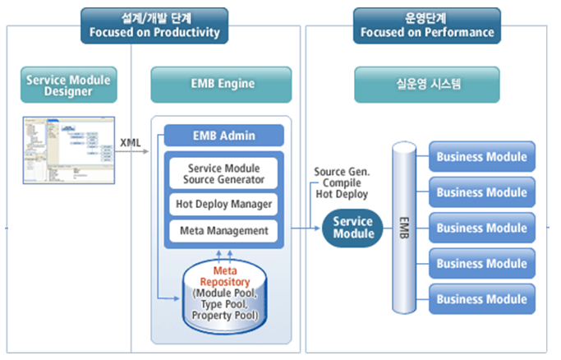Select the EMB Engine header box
222,84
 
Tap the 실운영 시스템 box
426,84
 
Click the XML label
131,142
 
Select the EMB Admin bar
223,135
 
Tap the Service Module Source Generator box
223,172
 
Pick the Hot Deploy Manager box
223,203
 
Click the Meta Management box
223,230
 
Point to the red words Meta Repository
224,276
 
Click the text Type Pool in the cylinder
223,304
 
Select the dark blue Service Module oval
352,228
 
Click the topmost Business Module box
482,156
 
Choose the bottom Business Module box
482,299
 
